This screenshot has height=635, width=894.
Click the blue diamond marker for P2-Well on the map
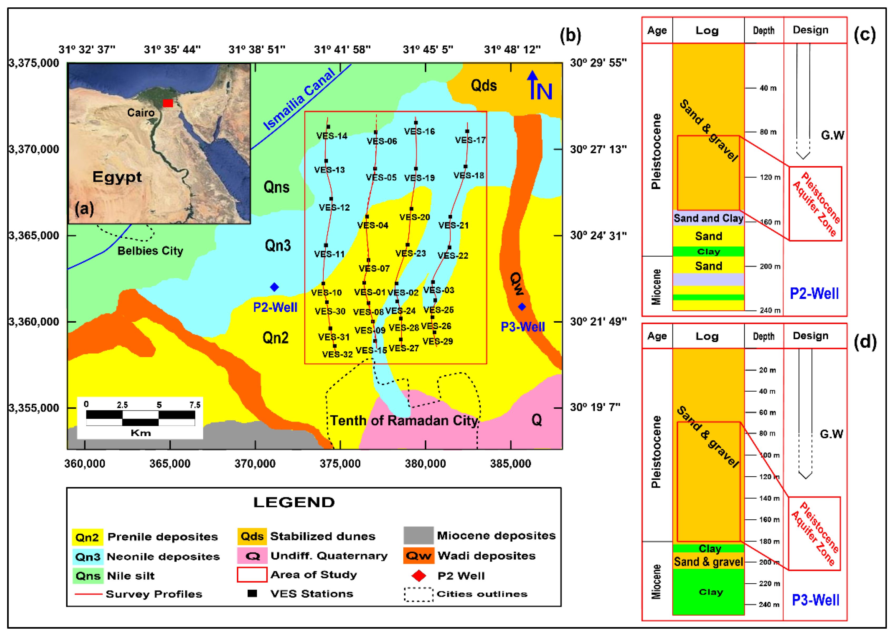274,287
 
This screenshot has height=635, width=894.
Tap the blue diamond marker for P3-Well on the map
522,307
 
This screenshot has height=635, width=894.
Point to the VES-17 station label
471,140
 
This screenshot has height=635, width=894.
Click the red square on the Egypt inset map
168,103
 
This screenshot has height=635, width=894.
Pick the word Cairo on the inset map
141,113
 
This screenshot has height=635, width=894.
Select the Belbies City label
151,251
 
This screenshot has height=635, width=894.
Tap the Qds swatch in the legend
252,536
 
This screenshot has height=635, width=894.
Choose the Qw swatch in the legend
418,556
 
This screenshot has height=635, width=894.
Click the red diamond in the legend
419,575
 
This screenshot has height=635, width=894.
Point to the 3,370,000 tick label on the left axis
34,149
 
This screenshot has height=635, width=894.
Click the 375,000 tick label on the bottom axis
340,464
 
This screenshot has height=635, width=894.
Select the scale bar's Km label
141,433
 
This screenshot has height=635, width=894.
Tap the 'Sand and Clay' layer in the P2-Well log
708,218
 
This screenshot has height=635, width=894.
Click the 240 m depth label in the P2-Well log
770,311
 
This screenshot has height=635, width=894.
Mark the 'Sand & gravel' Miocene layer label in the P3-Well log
708,562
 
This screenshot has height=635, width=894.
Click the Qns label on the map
277,187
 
